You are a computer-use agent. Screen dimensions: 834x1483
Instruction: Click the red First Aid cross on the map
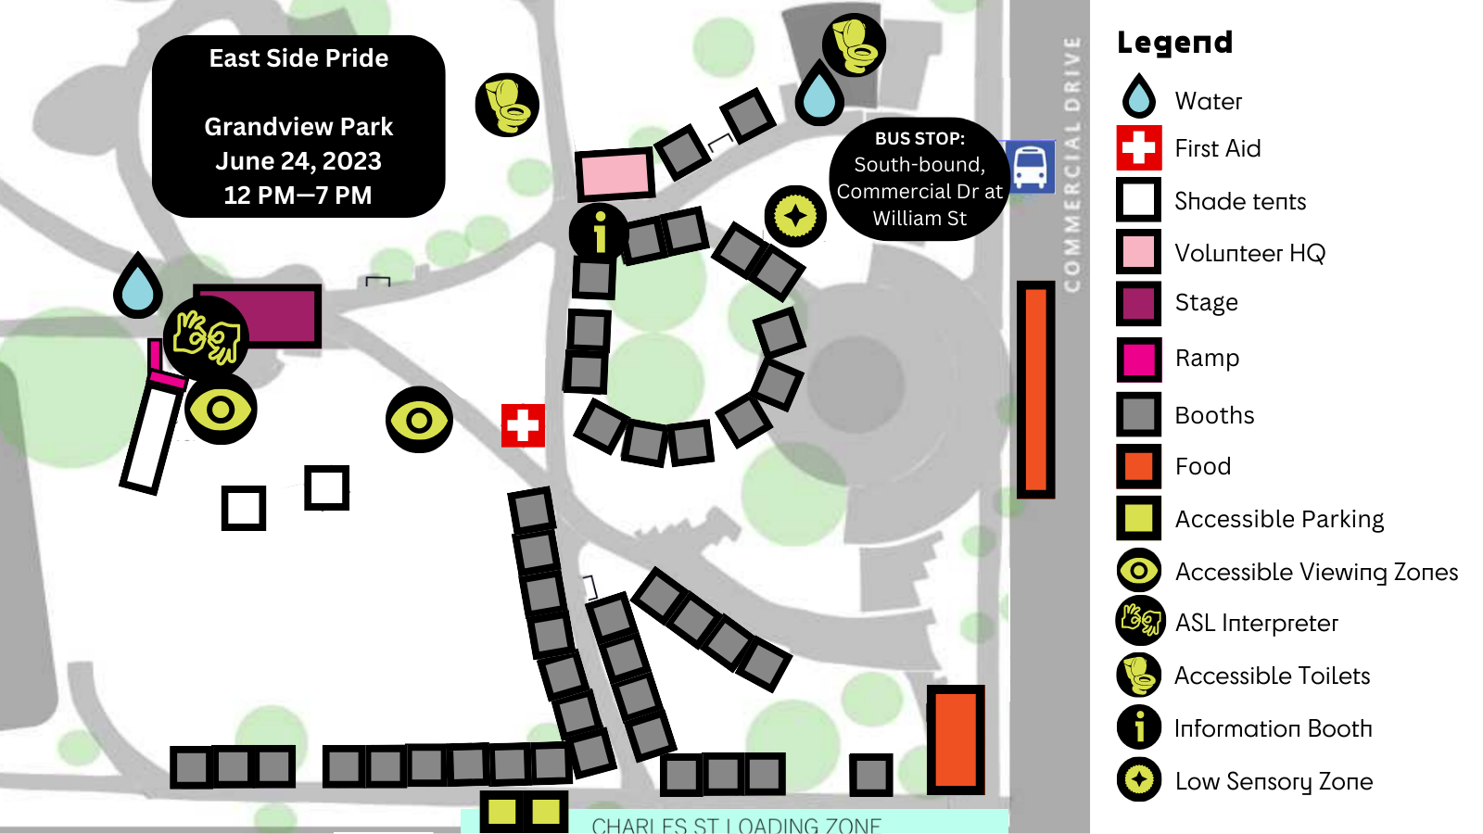pyautogui.click(x=523, y=425)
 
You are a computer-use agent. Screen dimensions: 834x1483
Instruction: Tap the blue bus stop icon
pyautogui.click(x=1031, y=167)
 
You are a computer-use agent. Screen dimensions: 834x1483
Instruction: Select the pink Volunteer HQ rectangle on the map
pyautogui.click(x=614, y=174)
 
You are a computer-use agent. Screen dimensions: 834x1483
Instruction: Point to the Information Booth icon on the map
pyautogui.click(x=599, y=231)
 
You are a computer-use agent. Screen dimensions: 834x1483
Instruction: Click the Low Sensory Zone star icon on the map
pyautogui.click(x=795, y=216)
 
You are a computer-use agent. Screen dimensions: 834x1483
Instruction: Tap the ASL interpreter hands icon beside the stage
pyautogui.click(x=207, y=336)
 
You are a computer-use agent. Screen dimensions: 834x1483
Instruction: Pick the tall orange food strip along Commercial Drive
pyautogui.click(x=1035, y=389)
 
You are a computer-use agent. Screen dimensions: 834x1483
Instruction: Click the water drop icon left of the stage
pyautogui.click(x=138, y=285)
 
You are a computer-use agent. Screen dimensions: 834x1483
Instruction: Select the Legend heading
pyautogui.click(x=1174, y=43)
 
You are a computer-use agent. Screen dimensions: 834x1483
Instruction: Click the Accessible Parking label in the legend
pyautogui.click(x=1279, y=519)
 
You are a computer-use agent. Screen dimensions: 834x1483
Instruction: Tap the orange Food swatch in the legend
pyautogui.click(x=1138, y=466)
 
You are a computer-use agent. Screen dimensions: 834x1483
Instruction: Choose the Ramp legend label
pyautogui.click(x=1207, y=358)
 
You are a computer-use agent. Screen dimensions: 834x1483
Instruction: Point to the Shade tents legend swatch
pyautogui.click(x=1138, y=200)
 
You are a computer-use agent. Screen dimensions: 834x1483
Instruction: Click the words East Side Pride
pyautogui.click(x=298, y=58)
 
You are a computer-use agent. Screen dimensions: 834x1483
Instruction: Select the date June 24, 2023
pyautogui.click(x=298, y=161)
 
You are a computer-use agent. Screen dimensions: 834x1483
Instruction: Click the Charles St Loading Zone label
pyautogui.click(x=736, y=825)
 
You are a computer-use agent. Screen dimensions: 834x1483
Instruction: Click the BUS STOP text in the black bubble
pyautogui.click(x=919, y=139)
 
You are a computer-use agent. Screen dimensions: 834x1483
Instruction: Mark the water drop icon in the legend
pyautogui.click(x=1138, y=96)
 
